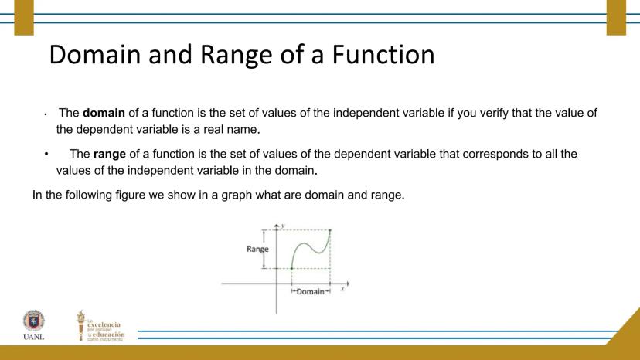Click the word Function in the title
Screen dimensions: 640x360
click(x=383, y=54)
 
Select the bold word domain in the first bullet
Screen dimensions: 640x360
click(x=104, y=113)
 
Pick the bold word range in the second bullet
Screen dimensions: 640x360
click(x=110, y=155)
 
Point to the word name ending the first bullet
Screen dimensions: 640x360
click(x=243, y=129)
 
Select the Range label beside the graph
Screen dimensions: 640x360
click(x=257, y=249)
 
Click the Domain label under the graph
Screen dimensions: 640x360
click(x=310, y=291)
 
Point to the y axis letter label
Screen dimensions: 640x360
click(x=283, y=226)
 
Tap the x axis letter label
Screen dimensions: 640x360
click(x=342, y=289)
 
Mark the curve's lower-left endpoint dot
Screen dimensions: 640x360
click(x=291, y=268)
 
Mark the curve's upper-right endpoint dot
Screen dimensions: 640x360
click(x=330, y=230)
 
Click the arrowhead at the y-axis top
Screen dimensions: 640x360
click(x=276, y=226)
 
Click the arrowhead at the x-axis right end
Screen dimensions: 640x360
click(x=347, y=284)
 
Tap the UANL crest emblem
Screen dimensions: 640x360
click(x=34, y=321)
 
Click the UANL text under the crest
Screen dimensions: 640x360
click(x=33, y=337)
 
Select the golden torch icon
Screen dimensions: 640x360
click(x=81, y=325)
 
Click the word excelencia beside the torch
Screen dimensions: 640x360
click(x=104, y=325)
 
